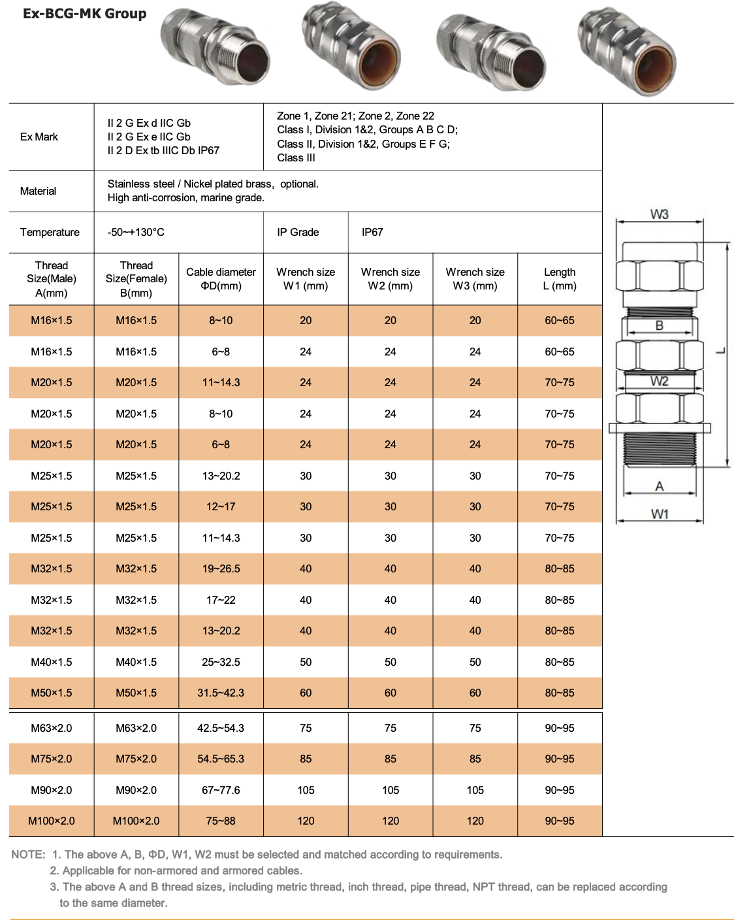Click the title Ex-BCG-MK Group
click(84, 14)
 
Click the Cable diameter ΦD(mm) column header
click(221, 279)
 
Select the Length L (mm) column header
click(560, 279)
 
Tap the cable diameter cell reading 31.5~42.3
click(221, 693)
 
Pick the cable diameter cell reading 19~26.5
click(221, 568)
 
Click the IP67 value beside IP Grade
click(372, 232)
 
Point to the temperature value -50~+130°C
click(136, 232)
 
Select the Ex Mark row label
click(39, 137)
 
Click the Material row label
click(38, 191)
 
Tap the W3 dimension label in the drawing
click(659, 214)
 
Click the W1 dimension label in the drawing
click(660, 514)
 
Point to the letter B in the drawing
click(659, 325)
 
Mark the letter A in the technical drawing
click(660, 486)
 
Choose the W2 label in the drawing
click(659, 382)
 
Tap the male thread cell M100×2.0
click(52, 821)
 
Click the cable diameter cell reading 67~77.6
click(221, 790)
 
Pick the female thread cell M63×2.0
click(136, 728)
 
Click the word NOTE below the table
click(28, 855)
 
